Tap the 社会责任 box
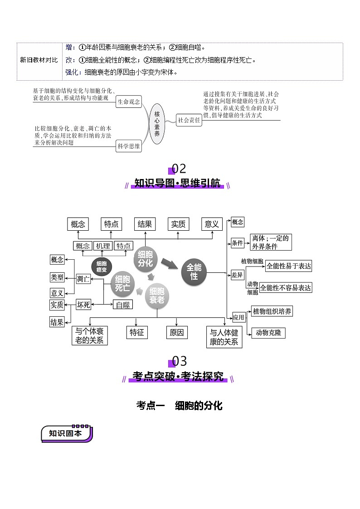click(189, 121)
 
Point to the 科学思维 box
click(129, 145)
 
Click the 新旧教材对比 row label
click(39, 60)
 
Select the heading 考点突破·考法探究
click(178, 376)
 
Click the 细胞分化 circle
click(146, 259)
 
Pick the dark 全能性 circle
click(194, 272)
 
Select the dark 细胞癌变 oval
click(102, 267)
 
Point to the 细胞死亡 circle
click(122, 284)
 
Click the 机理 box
click(103, 246)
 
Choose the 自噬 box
click(122, 305)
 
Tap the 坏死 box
click(83, 305)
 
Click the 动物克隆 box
click(268, 332)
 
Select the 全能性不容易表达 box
click(286, 287)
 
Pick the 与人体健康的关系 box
click(224, 337)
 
